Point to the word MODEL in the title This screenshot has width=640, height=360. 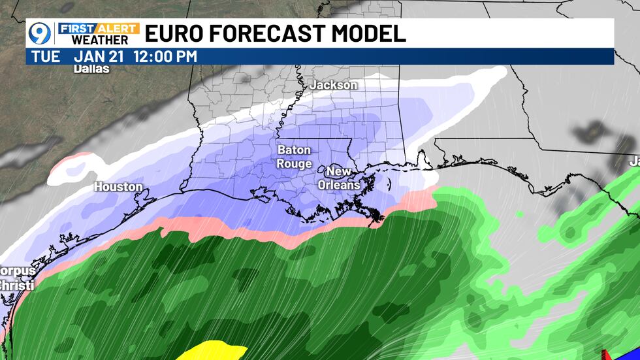(372, 33)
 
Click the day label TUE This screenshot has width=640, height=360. (46, 56)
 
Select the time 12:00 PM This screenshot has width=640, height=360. (165, 56)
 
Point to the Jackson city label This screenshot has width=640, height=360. (333, 85)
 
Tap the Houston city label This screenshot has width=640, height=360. (118, 187)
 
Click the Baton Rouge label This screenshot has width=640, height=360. (294, 157)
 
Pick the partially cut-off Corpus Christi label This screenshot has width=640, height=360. (16, 278)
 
